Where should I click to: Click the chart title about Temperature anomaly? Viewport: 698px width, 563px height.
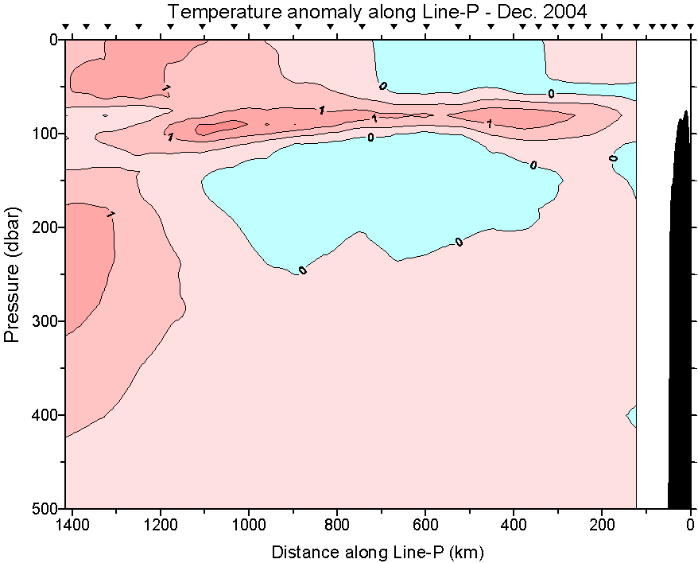pyautogui.click(x=377, y=11)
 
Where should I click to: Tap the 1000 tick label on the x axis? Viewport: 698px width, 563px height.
pyautogui.click(x=249, y=525)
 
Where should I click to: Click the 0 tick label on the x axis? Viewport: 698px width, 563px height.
pyautogui.click(x=690, y=525)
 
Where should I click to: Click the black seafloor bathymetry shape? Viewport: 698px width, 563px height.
pyautogui.click(x=680, y=318)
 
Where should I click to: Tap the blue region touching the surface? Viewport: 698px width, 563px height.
pyautogui.click(x=457, y=68)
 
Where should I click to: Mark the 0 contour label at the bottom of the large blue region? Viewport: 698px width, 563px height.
pyautogui.click(x=302, y=270)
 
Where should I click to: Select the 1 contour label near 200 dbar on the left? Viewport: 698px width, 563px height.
pyautogui.click(x=111, y=214)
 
